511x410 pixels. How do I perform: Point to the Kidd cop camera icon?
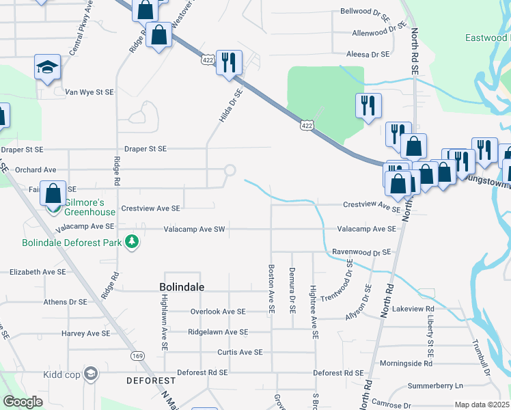pyautogui.click(x=91, y=373)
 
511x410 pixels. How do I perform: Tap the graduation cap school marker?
pyautogui.click(x=48, y=67)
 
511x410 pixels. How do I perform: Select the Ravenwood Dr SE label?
pyautogui.click(x=361, y=252)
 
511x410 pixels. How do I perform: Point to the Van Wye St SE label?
pyautogui.click(x=89, y=92)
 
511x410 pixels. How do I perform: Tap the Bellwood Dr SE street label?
pyautogui.click(x=364, y=12)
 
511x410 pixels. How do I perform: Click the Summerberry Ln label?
pyautogui.click(x=434, y=386)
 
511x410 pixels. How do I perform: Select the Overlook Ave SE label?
pyautogui.click(x=217, y=312)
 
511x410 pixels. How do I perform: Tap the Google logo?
pyautogui.click(x=23, y=402)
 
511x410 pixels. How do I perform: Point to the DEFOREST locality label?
pyautogui.click(x=151, y=380)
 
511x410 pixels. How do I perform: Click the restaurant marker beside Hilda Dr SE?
pyautogui.click(x=229, y=63)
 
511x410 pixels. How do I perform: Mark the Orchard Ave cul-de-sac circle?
pyautogui.click(x=230, y=170)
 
